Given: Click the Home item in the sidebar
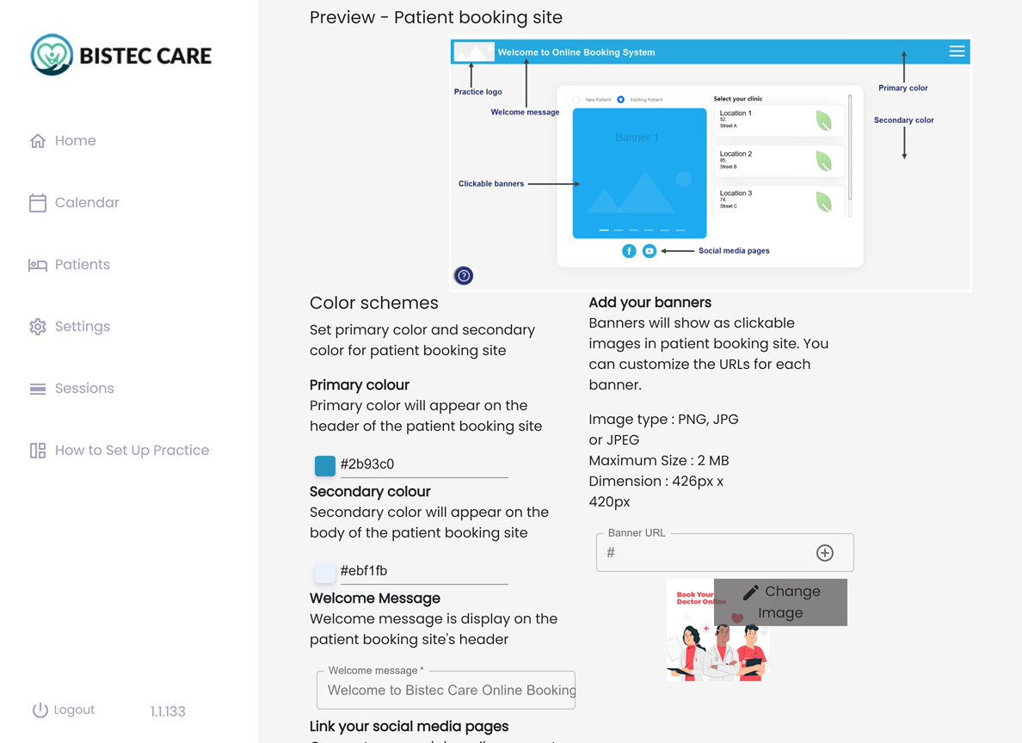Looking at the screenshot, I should pos(64,141).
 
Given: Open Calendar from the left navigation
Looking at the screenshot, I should pos(75,203).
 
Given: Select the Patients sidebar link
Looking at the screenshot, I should pos(71,265).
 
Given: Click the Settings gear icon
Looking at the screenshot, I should pos(38,327).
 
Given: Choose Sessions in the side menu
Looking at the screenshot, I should pos(72,389).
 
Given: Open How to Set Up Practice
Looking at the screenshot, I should pos(120,451).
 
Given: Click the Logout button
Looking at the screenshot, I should pos(64,710).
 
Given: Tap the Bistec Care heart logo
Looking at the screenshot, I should pos(52,55).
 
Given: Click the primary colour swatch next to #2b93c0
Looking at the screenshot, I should pos(325,465).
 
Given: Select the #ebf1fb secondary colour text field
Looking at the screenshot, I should pos(422,571).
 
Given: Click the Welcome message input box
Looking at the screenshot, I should pos(446,690).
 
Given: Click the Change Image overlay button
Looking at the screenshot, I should pos(780,602).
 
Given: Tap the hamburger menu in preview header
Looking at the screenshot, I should pos(957,52).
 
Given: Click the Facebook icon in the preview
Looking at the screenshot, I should pos(629,251).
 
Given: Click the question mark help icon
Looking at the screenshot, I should pos(464,276).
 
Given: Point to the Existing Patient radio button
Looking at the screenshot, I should pos(621,100).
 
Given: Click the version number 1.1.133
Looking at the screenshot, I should pos(168,712).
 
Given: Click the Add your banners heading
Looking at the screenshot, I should pos(650,303).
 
